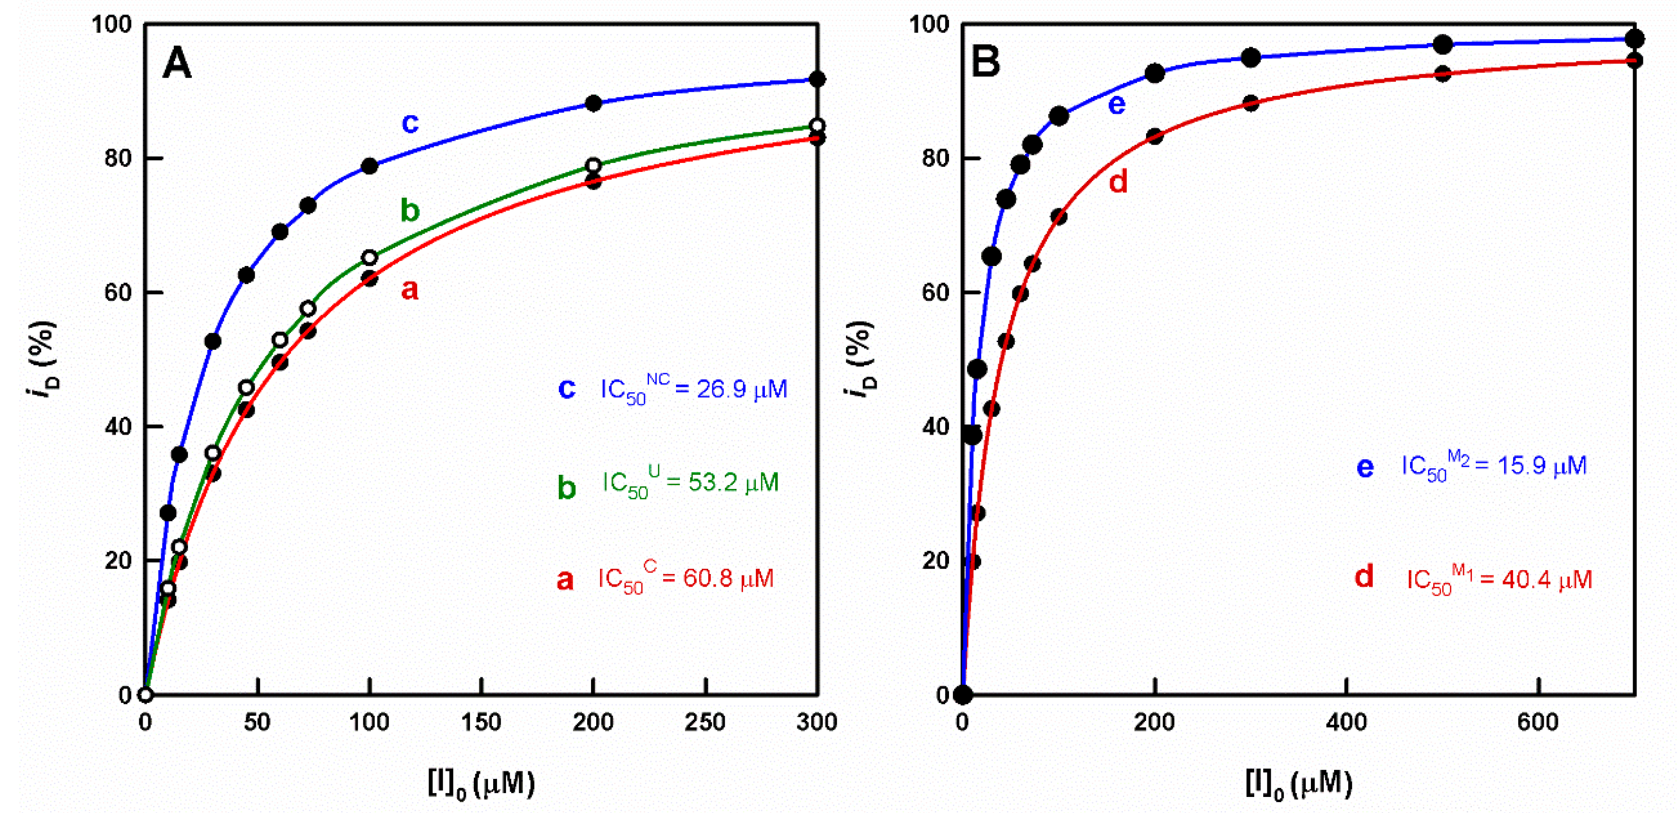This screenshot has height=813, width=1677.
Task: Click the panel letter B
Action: click(x=985, y=62)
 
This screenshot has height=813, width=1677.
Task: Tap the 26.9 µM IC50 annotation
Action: click(x=693, y=389)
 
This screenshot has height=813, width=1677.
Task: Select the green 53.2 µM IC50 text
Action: click(x=690, y=483)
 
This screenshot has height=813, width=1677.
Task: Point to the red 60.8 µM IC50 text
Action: click(x=685, y=579)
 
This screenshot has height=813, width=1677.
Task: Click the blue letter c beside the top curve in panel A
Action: click(x=410, y=122)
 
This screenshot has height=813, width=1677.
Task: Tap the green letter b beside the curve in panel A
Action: click(x=410, y=210)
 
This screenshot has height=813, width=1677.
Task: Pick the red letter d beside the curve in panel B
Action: click(x=1118, y=181)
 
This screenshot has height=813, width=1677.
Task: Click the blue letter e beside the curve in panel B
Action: click(x=1116, y=104)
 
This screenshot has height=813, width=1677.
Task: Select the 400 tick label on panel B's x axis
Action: click(x=1346, y=722)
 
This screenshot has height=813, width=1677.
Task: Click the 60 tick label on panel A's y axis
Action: click(x=118, y=292)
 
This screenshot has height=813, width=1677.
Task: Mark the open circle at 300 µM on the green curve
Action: click(x=817, y=126)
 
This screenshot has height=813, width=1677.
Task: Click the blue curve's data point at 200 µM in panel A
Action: click(x=593, y=103)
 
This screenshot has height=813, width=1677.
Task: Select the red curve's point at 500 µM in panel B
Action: click(x=1443, y=74)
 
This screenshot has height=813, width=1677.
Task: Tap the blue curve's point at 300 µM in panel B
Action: click(x=1250, y=57)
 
